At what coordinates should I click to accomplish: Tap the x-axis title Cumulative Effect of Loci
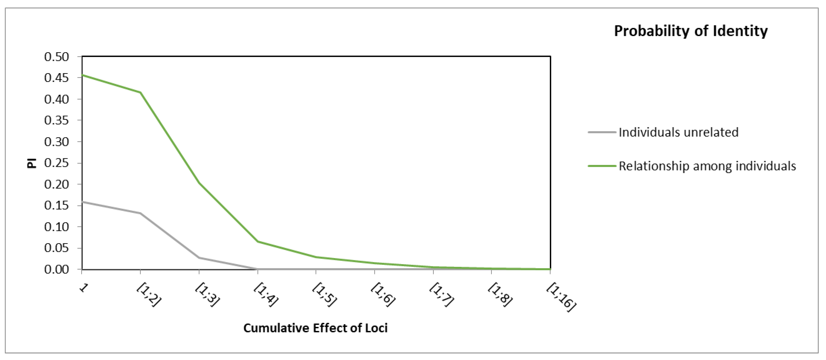click(x=315, y=328)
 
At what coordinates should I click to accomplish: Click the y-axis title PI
click(x=31, y=163)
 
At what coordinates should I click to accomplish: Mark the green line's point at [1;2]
click(x=141, y=93)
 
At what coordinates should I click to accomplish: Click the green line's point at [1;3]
click(x=199, y=183)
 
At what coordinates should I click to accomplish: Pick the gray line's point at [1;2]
click(x=141, y=213)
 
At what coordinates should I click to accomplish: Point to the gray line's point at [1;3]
click(x=199, y=257)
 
